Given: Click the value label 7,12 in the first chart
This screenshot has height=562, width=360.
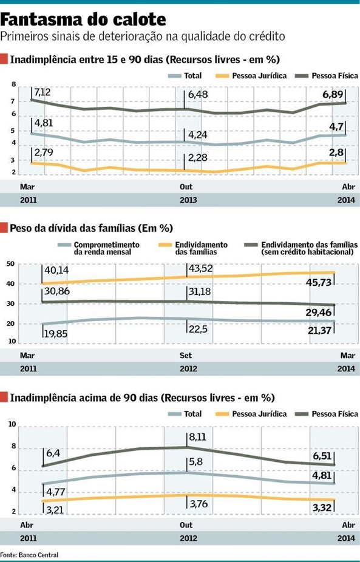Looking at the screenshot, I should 43,92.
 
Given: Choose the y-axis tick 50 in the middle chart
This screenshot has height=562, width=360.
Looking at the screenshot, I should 10,263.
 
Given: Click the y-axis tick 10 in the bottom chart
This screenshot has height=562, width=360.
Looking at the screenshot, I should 10,424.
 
